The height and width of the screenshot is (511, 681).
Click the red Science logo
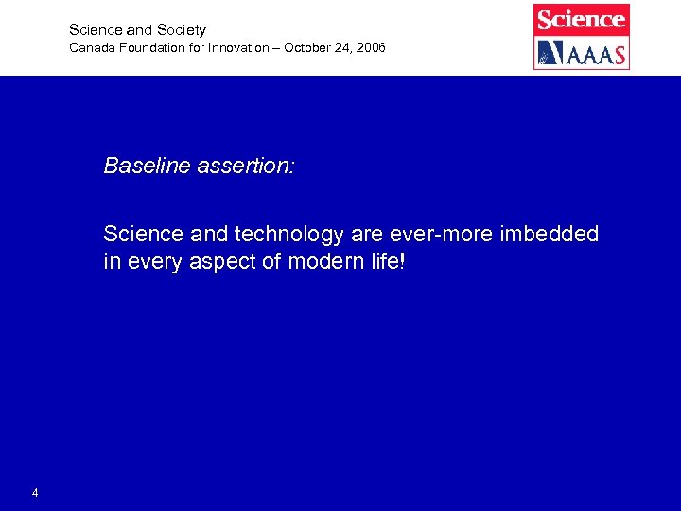pos(581,19)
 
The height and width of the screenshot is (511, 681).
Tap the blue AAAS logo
pos(581,53)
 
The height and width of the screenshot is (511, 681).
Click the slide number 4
pos(35,493)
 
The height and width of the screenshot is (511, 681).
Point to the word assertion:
pos(247,167)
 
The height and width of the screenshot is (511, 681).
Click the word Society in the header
pos(180,30)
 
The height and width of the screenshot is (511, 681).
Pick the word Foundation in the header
pos(148,47)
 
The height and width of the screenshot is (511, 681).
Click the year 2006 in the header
pos(370,47)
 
